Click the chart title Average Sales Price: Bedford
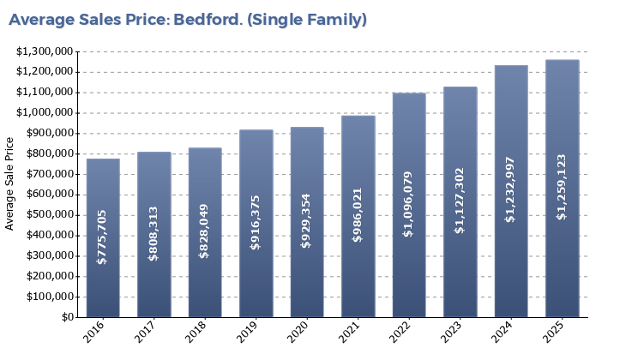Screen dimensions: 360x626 [188, 20]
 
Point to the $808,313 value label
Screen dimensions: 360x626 [153, 234]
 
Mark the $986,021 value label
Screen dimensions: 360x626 [358, 215]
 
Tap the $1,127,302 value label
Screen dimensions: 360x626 [460, 201]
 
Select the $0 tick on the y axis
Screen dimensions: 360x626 [68, 317]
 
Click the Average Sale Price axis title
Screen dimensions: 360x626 [10, 183]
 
